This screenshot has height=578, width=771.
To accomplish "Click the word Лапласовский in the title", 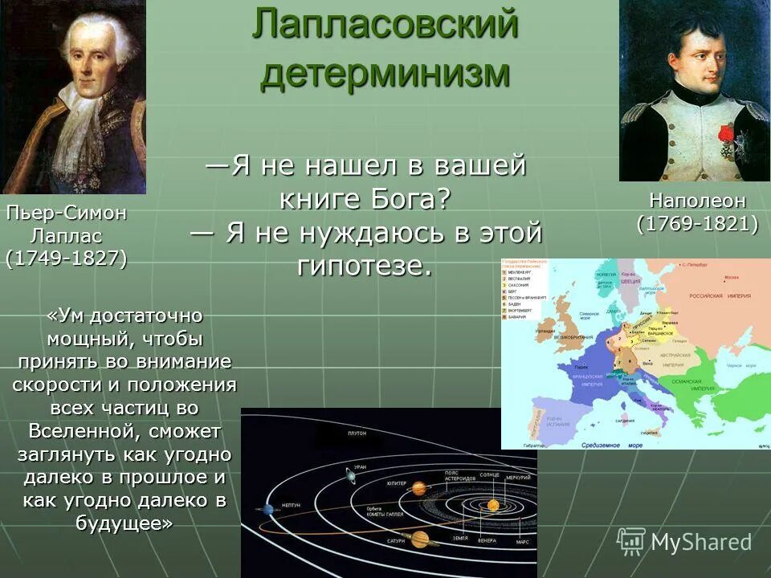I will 385,25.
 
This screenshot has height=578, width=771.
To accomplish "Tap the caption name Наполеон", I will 696,201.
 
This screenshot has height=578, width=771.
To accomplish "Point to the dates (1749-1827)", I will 66,259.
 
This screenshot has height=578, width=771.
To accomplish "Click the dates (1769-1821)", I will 696,224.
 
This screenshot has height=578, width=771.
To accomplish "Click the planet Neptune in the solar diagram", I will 267,509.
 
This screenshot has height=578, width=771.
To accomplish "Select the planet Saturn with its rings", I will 419,539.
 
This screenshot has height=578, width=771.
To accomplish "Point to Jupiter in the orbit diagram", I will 418,487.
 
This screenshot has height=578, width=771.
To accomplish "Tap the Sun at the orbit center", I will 492,505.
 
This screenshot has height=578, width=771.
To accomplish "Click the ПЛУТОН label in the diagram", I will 357,433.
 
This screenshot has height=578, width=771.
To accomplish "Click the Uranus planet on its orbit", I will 352,476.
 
